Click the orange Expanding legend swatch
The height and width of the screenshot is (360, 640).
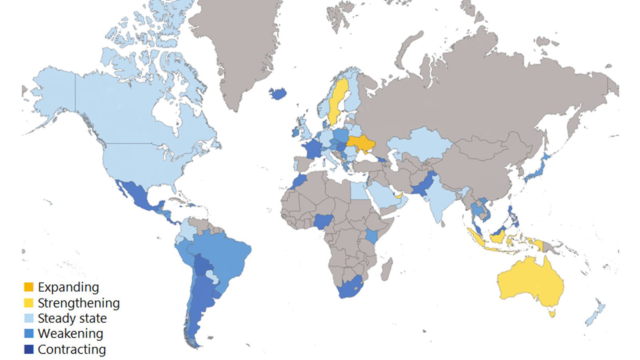pyautogui.click(x=28, y=287)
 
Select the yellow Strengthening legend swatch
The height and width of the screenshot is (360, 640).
pyautogui.click(x=28, y=303)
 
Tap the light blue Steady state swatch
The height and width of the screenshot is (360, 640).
pyautogui.click(x=28, y=318)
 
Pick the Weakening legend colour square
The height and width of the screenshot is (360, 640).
pyautogui.click(x=28, y=333)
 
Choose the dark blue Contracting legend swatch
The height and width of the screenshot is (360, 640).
pyautogui.click(x=28, y=349)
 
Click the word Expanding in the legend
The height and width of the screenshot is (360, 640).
pyautogui.click(x=68, y=287)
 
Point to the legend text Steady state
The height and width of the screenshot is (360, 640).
pyautogui.click(x=72, y=318)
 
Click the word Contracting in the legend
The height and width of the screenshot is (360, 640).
pyautogui.click(x=72, y=349)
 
